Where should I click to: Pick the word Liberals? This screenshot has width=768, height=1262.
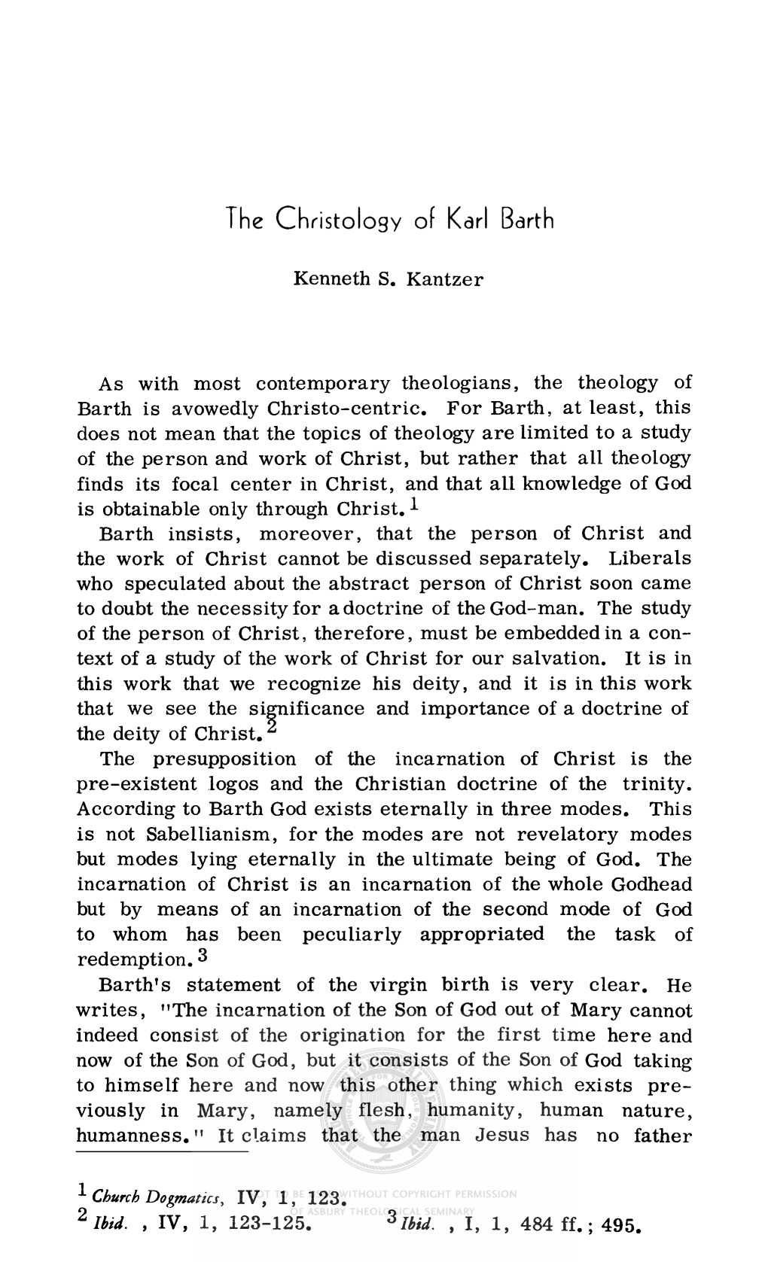650,559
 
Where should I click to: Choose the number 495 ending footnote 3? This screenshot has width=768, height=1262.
618,1225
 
